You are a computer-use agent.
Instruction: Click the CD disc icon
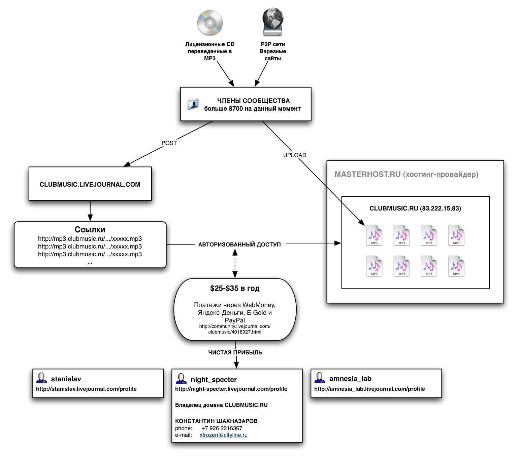point(210,23)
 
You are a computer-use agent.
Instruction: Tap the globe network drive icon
point(273,22)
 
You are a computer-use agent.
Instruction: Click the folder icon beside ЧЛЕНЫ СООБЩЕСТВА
point(193,104)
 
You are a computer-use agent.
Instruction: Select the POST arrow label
point(169,143)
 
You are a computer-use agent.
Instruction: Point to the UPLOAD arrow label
point(295,155)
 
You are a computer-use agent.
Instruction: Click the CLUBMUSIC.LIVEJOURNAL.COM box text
point(90,184)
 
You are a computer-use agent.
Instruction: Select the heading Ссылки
point(90,230)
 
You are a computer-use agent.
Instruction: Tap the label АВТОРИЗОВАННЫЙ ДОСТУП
point(239,244)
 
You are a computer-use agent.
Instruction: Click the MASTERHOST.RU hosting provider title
point(406,174)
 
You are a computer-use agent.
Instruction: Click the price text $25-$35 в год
point(235,288)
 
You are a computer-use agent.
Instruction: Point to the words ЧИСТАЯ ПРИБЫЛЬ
point(235,352)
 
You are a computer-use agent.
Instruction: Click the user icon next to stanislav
point(41,378)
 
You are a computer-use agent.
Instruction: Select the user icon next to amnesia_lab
point(320,378)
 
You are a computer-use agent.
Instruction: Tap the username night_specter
point(214,380)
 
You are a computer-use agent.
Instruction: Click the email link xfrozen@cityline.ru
point(223,435)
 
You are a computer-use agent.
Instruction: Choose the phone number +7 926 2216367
point(222,428)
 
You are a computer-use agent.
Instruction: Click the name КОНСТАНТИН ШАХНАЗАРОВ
point(216,421)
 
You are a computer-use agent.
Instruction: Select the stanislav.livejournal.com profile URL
point(86,389)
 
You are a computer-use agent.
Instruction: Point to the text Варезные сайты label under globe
point(273,55)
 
